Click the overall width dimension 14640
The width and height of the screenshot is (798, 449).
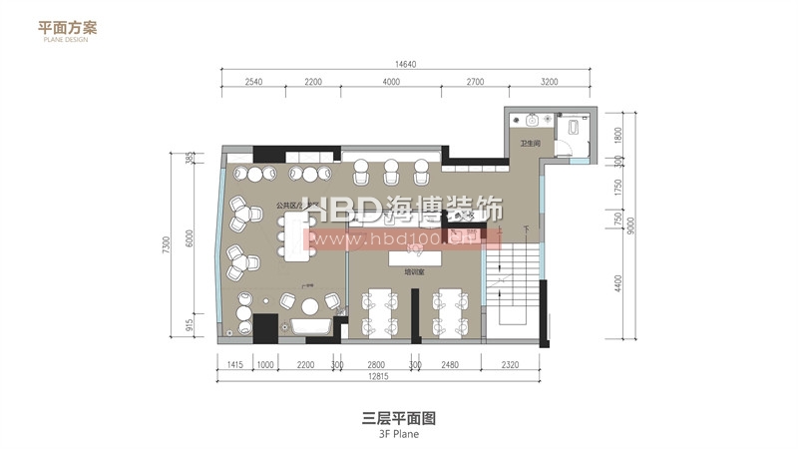pos(390,64)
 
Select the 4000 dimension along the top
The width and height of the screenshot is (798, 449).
pos(390,82)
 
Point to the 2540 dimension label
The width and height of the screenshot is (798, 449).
pos(252,82)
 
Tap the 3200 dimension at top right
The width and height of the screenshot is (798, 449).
pos(549,82)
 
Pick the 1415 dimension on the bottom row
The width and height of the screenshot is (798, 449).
pos(235,364)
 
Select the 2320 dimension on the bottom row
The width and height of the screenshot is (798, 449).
pos(512,364)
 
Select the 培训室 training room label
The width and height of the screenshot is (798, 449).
pos(412,270)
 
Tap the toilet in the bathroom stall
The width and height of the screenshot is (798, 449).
pos(575,125)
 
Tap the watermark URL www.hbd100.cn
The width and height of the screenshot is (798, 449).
pos(404,239)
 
